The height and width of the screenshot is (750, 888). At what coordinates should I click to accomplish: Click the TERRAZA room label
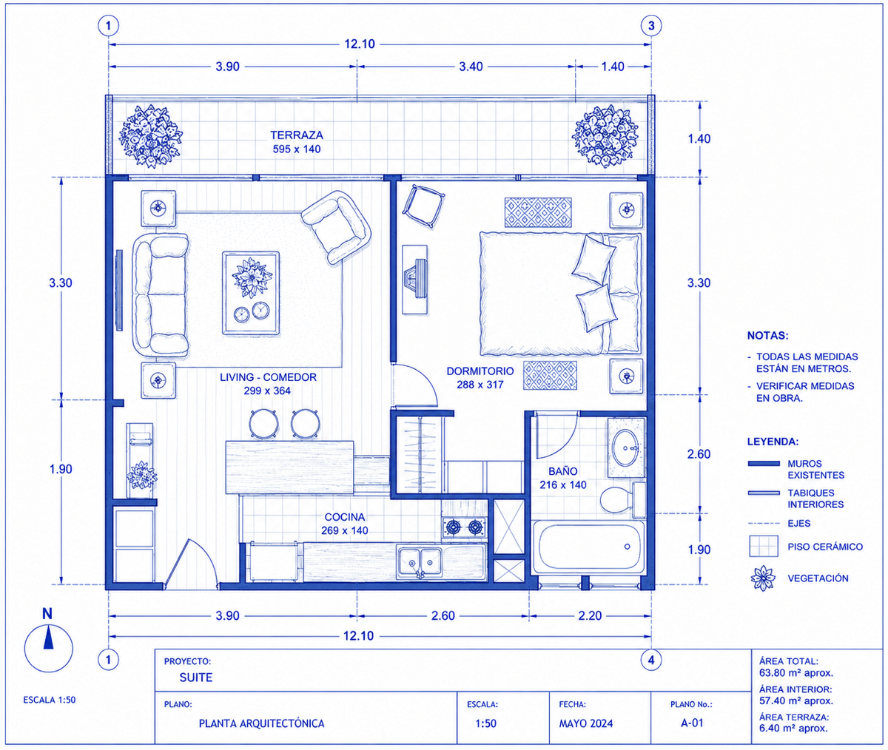[297, 135]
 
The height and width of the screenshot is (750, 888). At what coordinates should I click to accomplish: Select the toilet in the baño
[622, 500]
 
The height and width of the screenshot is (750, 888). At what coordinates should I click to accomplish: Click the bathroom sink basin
[625, 447]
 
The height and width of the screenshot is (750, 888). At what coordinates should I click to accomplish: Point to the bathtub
[589, 547]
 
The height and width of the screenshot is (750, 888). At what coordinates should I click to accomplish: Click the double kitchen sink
[420, 561]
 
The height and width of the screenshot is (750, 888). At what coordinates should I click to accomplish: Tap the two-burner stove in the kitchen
[465, 527]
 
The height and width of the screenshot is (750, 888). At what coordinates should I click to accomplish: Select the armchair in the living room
[337, 226]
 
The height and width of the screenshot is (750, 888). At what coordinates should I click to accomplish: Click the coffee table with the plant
[251, 293]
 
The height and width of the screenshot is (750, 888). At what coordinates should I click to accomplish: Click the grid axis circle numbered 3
[651, 26]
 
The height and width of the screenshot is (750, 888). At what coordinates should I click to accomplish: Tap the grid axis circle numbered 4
[651, 660]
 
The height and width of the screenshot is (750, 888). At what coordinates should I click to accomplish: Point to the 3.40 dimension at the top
[471, 67]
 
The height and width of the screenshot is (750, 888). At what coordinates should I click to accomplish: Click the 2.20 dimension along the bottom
[590, 615]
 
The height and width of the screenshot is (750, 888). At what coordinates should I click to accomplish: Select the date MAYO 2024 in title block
[586, 723]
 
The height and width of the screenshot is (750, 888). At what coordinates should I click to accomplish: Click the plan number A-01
[692, 723]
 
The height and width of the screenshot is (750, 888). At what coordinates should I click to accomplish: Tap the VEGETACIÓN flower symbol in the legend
[763, 578]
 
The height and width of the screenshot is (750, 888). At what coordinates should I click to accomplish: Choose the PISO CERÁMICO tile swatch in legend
[764, 547]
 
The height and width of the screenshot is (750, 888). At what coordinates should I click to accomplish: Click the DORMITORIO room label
[480, 371]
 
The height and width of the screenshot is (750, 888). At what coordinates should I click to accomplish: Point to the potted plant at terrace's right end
[605, 135]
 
